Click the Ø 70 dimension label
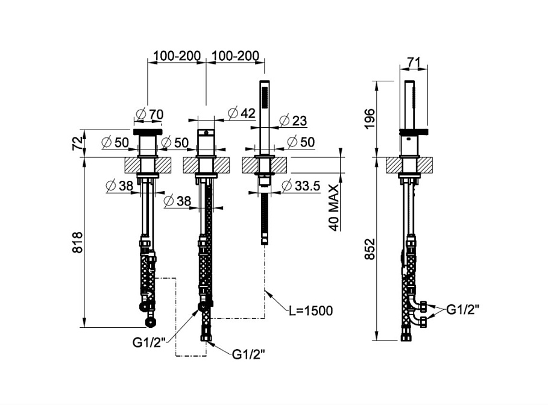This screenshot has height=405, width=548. [x=150, y=115]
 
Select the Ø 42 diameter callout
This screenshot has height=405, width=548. [x=242, y=113]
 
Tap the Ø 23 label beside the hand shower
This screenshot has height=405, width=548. [x=293, y=121]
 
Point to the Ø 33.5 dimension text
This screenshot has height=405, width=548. [x=301, y=186]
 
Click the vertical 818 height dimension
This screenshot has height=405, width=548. [x=77, y=242]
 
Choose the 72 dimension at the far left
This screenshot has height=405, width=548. [x=78, y=143]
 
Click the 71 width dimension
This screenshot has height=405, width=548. [x=414, y=63]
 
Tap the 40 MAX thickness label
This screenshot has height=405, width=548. [x=334, y=208]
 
